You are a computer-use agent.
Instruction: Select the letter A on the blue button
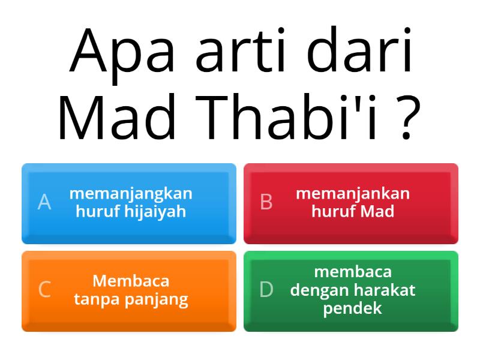tap(44, 202)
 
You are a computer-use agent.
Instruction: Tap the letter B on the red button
tap(266, 202)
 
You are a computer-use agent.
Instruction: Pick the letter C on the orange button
tap(44, 289)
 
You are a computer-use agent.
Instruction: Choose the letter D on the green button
tap(266, 289)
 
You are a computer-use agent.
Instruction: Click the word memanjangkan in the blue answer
tap(131, 194)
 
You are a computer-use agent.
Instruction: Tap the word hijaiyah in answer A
tap(155, 211)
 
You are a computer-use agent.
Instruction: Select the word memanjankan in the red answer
tap(353, 194)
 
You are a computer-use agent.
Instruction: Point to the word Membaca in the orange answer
tap(131, 281)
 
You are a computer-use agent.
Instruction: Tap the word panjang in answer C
tap(157, 299)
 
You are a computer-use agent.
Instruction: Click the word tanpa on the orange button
tap(96, 299)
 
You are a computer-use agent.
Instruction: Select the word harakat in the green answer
tap(385, 290)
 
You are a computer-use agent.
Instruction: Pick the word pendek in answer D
tap(353, 308)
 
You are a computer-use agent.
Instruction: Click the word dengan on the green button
tap(320, 290)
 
